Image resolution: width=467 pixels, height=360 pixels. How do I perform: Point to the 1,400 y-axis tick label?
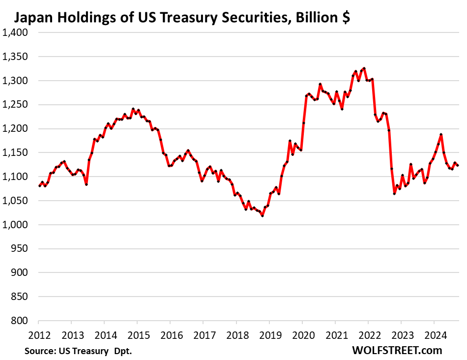pos(15,32)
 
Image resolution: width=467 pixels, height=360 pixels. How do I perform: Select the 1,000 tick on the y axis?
pos(15,225)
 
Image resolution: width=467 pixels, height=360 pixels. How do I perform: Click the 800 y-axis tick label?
pos(20,321)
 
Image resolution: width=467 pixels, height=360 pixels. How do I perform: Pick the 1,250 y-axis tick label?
pos(15,105)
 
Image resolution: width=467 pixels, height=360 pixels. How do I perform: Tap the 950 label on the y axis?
pos(20,249)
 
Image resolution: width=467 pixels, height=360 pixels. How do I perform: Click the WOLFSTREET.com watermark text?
pos(390,350)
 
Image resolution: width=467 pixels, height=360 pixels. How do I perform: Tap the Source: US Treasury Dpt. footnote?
pos(78,351)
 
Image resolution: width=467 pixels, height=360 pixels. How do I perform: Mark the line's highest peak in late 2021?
pos(364,68)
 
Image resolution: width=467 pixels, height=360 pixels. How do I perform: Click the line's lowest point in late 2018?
pos(263,215)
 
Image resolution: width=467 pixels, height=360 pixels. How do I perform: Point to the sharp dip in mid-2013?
pos(86,184)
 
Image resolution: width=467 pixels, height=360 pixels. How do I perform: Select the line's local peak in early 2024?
pos(441,134)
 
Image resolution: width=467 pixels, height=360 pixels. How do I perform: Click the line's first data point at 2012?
pos(39,186)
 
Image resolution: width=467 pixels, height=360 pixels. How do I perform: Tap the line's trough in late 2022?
pos(394,194)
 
